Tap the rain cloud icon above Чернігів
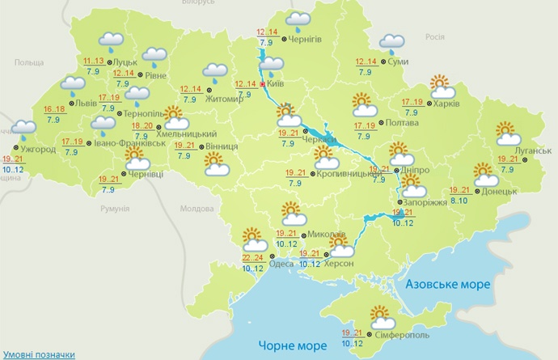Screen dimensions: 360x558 [x=298, y=19]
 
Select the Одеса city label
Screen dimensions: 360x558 [x=281, y=263]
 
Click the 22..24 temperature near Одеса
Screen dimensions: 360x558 [x=252, y=258]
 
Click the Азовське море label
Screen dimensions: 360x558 [x=447, y=285]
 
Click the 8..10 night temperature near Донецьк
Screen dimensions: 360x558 [x=460, y=199]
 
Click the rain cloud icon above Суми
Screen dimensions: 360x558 [x=392, y=44]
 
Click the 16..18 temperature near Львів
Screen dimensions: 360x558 [x=54, y=110]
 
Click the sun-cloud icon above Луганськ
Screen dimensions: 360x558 [x=507, y=131]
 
